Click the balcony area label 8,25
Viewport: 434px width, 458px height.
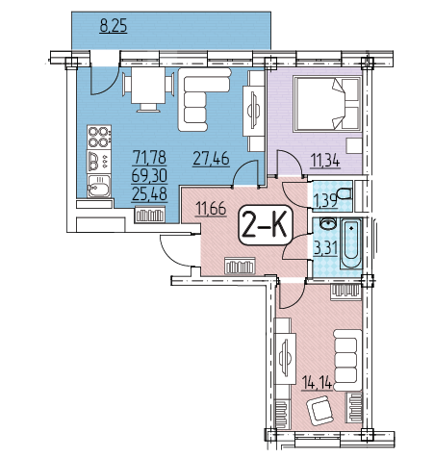point(114,26)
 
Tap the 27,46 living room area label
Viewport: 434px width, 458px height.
point(211,159)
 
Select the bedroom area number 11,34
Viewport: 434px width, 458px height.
point(325,161)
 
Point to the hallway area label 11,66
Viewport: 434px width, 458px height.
point(211,208)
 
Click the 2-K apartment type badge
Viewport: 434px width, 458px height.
point(265,225)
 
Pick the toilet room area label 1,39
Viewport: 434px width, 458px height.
point(325,201)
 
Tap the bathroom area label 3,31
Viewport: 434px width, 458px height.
point(325,248)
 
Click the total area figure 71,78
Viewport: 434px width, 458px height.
point(149,157)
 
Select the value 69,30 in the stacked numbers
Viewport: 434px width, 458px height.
point(149,175)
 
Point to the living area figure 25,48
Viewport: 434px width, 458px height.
point(149,193)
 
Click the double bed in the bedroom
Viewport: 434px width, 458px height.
point(327,104)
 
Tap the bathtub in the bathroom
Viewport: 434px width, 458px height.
point(351,243)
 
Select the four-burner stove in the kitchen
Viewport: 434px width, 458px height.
point(99,137)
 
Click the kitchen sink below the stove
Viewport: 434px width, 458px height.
point(99,187)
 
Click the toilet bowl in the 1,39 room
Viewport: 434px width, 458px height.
point(345,194)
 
